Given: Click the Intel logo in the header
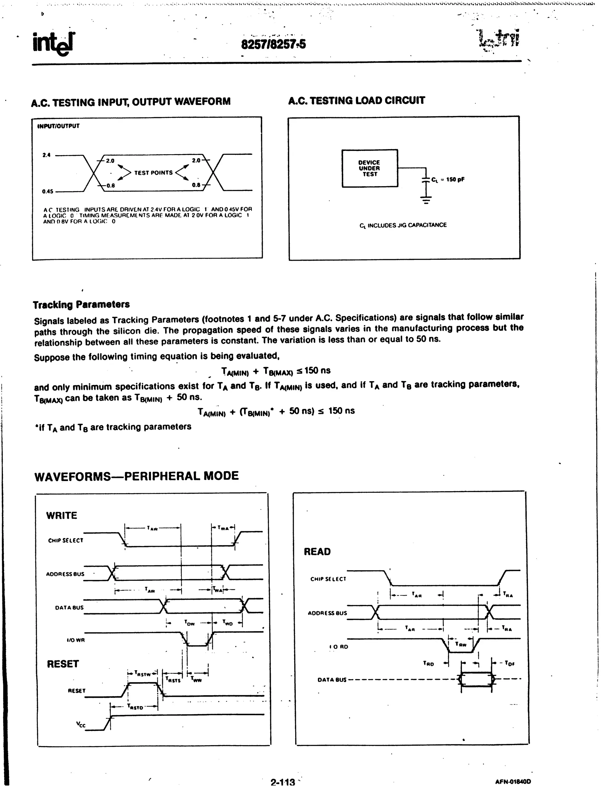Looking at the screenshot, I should coord(54,44).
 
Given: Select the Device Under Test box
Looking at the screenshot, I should coord(370,168).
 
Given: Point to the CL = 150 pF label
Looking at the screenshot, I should coord(448,179).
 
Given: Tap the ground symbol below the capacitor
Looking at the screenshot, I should coord(426,200).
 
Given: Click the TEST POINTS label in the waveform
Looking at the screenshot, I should coord(153,173).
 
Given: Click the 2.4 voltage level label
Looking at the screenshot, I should coord(46,155).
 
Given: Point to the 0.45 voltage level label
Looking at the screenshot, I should coord(48,191).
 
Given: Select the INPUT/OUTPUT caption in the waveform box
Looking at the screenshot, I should coord(58,126).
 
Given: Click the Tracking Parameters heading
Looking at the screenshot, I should coord(81,305).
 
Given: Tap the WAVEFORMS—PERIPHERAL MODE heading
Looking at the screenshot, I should coord(136,476).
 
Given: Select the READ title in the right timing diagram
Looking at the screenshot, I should coord(317,552).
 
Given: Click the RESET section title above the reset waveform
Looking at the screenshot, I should coord(63,664).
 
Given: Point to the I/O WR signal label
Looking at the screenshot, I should coord(75,640).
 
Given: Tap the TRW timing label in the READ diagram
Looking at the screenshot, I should coord(461,645).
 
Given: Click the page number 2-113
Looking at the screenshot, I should coord(283,782).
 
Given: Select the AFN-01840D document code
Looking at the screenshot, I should coord(512,781).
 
